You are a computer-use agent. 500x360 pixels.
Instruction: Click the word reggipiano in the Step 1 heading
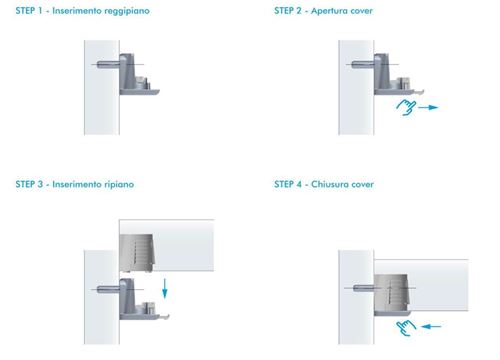[127, 11]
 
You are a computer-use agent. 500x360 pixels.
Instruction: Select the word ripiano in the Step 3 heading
[119, 184]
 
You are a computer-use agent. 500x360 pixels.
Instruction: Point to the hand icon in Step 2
[406, 107]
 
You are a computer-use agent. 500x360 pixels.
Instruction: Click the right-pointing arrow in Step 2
[428, 107]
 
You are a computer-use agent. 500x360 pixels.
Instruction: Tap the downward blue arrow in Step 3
[165, 289]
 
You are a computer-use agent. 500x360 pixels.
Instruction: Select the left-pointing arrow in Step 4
[431, 327]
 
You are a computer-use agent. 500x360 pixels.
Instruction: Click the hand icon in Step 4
[406, 327]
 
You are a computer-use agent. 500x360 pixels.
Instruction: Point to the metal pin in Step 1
[108, 64]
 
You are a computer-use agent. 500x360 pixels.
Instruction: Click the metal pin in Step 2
[363, 64]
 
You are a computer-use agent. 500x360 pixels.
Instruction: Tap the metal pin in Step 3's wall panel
[108, 289]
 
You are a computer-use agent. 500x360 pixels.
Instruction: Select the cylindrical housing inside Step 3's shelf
[137, 253]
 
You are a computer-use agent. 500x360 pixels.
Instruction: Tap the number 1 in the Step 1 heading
[40, 11]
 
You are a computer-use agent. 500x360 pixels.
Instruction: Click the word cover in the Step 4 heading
[363, 185]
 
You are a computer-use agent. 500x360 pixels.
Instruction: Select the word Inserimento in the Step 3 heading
[77, 184]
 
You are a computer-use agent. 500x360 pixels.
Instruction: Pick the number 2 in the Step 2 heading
[299, 11]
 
